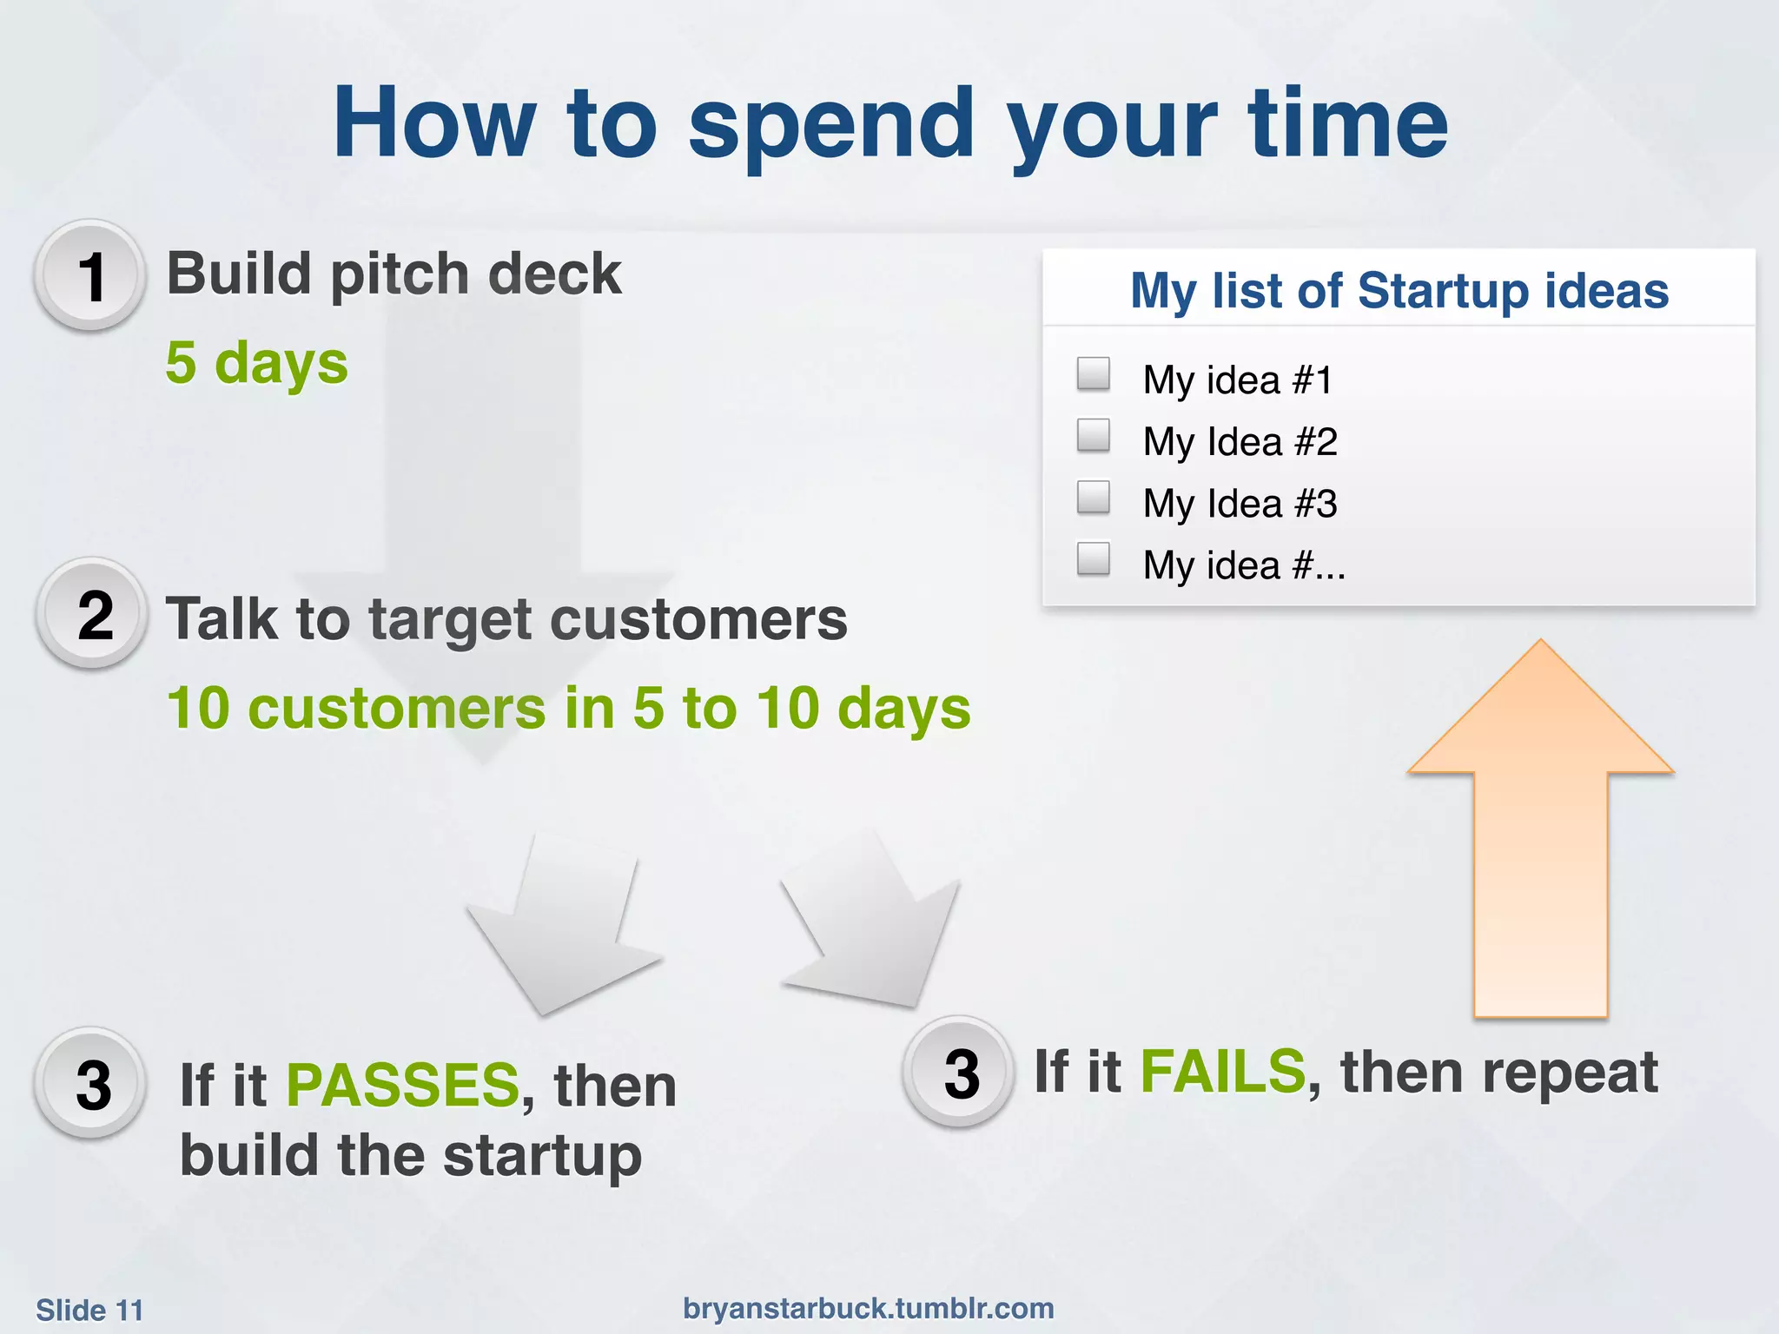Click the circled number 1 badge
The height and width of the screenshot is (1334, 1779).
pyautogui.click(x=90, y=276)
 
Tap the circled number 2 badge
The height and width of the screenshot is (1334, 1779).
pyautogui.click(x=94, y=615)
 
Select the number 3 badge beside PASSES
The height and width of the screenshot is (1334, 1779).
pyautogui.click(x=92, y=1084)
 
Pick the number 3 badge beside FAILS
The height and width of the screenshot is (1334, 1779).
pyautogui.click(x=960, y=1073)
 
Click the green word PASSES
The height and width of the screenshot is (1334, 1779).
pyautogui.click(x=402, y=1085)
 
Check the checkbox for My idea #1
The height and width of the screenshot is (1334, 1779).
pyautogui.click(x=1093, y=373)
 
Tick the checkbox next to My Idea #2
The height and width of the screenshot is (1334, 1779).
pyautogui.click(x=1093, y=435)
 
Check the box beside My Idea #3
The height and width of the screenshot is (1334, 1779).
pyautogui.click(x=1093, y=497)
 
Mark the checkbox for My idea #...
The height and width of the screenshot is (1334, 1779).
pyautogui.click(x=1093, y=558)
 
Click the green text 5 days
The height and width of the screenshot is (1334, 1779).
pyautogui.click(x=256, y=362)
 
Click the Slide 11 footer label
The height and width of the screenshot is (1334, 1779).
pyautogui.click(x=89, y=1310)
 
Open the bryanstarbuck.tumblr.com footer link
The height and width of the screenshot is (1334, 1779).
pyautogui.click(x=868, y=1308)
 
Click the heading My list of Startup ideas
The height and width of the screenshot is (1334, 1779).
pyautogui.click(x=1399, y=290)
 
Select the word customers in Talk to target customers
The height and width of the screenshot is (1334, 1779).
pyautogui.click(x=698, y=619)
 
